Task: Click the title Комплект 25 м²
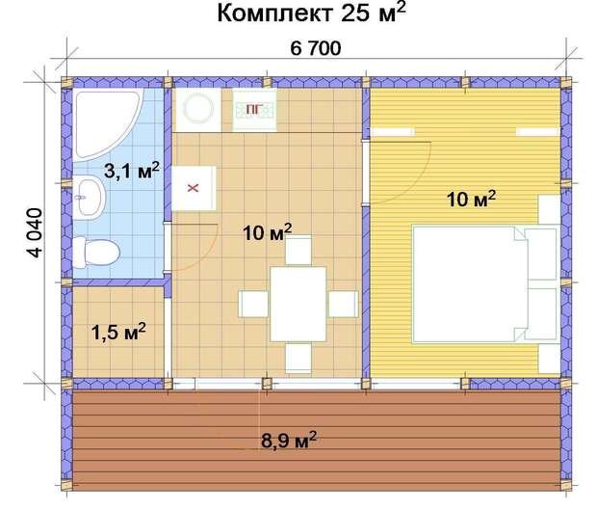[309, 14]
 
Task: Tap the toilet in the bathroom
[95, 253]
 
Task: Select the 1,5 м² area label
[118, 333]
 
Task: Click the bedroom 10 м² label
[471, 200]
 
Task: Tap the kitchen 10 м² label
[267, 232]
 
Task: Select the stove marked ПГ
[253, 109]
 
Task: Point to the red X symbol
[192, 188]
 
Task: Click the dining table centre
[298, 303]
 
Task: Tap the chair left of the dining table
[254, 304]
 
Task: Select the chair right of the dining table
[342, 304]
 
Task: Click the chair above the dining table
[298, 252]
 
